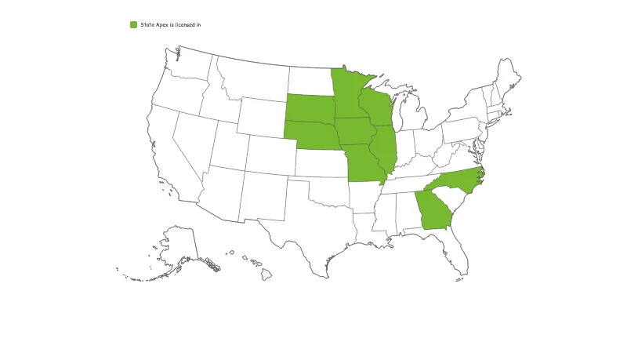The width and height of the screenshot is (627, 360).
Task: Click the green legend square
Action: [132, 25]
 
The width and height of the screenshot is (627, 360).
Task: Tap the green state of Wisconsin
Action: [375, 107]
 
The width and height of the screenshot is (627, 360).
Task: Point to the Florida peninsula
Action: [458, 251]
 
